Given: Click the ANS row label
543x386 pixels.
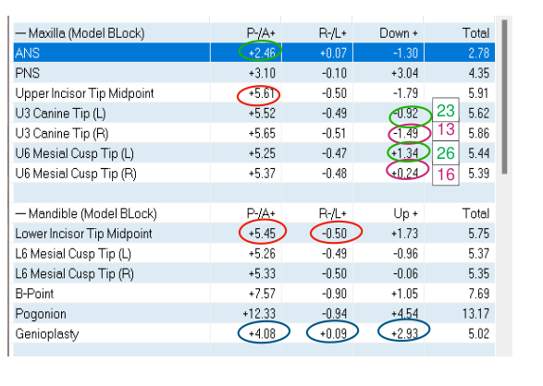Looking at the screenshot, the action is point(28,54).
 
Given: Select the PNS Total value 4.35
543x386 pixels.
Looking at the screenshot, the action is point(478,73).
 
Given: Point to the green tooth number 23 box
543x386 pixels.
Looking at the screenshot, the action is point(446,111).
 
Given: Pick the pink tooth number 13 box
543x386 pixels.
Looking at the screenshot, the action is point(446,130).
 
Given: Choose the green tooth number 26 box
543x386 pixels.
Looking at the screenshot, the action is point(446,153).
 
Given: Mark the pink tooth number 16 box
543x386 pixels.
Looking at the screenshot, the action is point(446,175).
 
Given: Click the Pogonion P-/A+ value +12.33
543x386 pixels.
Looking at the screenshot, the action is point(259,314).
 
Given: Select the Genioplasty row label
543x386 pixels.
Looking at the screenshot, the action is point(47,334).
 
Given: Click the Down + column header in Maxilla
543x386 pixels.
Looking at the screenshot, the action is point(399,33).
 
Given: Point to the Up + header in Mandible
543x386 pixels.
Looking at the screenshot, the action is point(405,214).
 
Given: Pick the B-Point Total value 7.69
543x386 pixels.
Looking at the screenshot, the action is point(478,294).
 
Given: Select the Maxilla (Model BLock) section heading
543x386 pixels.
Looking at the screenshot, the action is point(80,33).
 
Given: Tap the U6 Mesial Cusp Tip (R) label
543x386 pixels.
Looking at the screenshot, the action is point(76,174).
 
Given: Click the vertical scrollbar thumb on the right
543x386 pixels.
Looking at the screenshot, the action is point(504,97).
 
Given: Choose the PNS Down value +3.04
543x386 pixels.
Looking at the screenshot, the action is point(404,73).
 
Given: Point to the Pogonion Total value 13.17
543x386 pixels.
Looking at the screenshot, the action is point(475,314).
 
